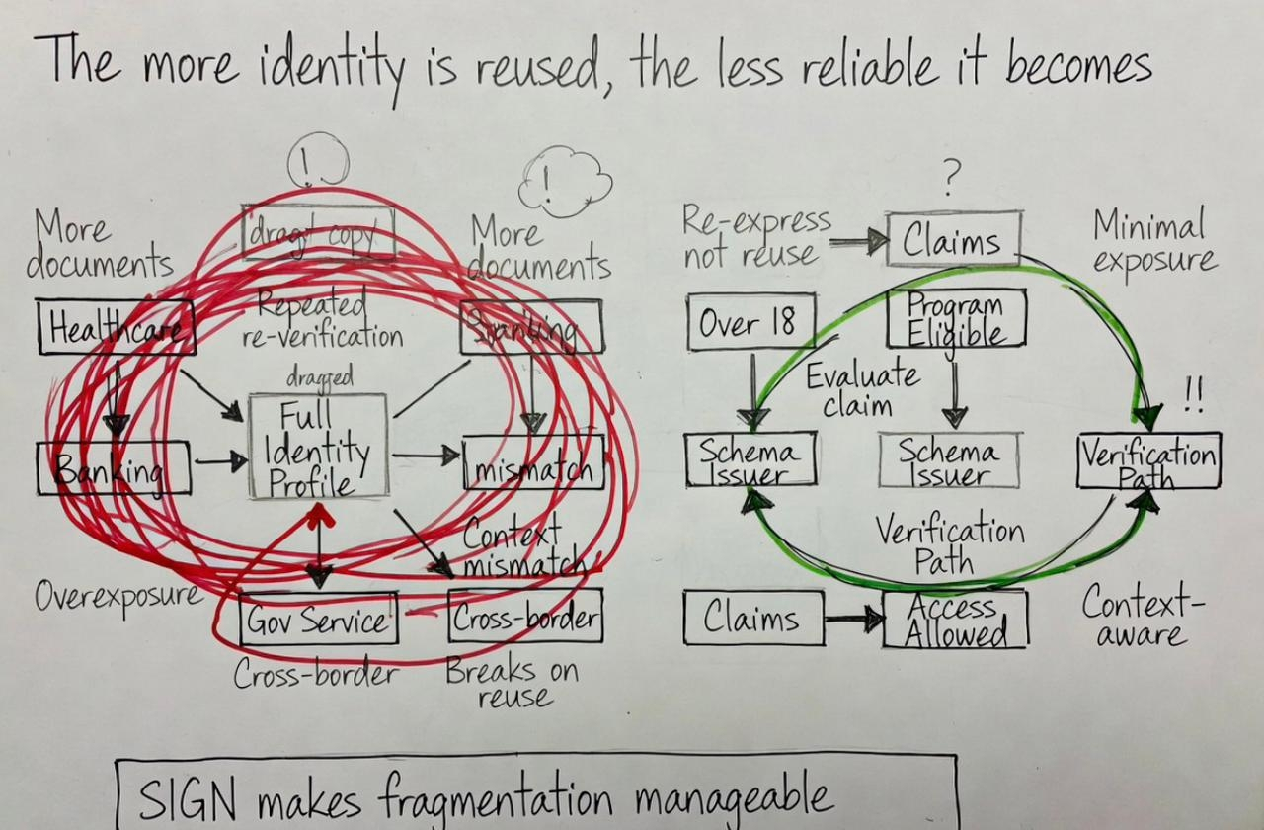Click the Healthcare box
click(116, 327)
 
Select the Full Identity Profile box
click(318, 447)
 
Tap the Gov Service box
click(318, 620)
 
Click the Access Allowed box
click(955, 619)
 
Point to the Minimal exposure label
click(1152, 243)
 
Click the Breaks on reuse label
click(512, 684)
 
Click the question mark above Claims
click(951, 179)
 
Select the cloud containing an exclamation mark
click(564, 183)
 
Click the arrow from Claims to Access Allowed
click(854, 620)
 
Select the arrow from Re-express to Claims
click(858, 240)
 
